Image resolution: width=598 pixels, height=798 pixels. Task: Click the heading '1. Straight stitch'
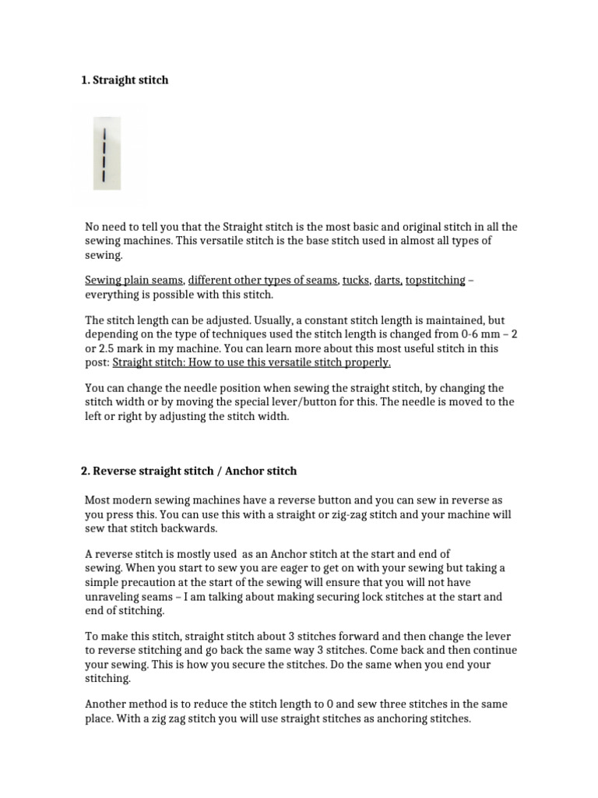[125, 80]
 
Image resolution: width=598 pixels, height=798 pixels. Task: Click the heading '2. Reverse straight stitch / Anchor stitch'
[188, 471]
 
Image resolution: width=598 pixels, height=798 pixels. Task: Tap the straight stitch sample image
[104, 151]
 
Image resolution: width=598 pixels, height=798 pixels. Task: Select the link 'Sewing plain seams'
[134, 281]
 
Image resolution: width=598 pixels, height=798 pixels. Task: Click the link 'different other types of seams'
[262, 281]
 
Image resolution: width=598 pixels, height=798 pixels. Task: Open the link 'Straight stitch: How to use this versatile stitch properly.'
[252, 362]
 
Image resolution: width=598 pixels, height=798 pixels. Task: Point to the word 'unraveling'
[114, 596]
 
